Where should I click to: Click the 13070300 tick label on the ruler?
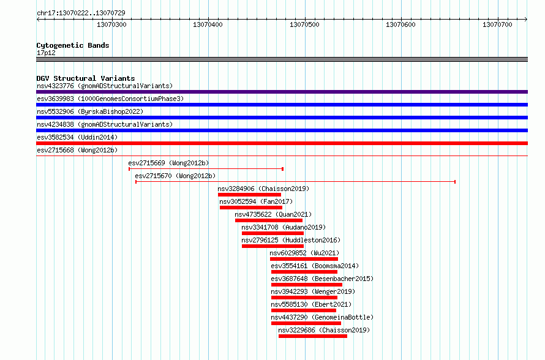(x=111, y=24)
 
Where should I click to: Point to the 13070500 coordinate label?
(x=304, y=24)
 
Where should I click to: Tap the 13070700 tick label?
(x=497, y=24)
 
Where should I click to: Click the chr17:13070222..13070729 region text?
(x=81, y=13)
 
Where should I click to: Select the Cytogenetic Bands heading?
(x=73, y=45)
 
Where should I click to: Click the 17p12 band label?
(x=46, y=53)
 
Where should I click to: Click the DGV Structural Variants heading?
(x=86, y=78)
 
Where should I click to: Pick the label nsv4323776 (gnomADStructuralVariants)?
(x=105, y=86)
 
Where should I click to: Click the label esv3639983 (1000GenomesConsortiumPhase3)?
(x=110, y=99)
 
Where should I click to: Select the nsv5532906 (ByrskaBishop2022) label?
(x=90, y=111)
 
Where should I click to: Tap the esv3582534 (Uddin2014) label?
(x=77, y=137)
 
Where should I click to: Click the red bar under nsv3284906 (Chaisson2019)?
(x=250, y=195)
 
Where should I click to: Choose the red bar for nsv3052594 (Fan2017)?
(x=251, y=208)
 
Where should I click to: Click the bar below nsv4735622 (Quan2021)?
(x=269, y=220)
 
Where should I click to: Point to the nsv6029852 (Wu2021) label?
(x=304, y=253)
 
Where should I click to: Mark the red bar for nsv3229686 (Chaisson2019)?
(x=313, y=336)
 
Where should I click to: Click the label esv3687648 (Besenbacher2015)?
(x=322, y=279)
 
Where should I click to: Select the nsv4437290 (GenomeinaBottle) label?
(x=322, y=317)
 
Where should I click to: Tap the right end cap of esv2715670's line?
(x=455, y=182)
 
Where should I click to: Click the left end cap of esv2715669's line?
(x=129, y=169)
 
